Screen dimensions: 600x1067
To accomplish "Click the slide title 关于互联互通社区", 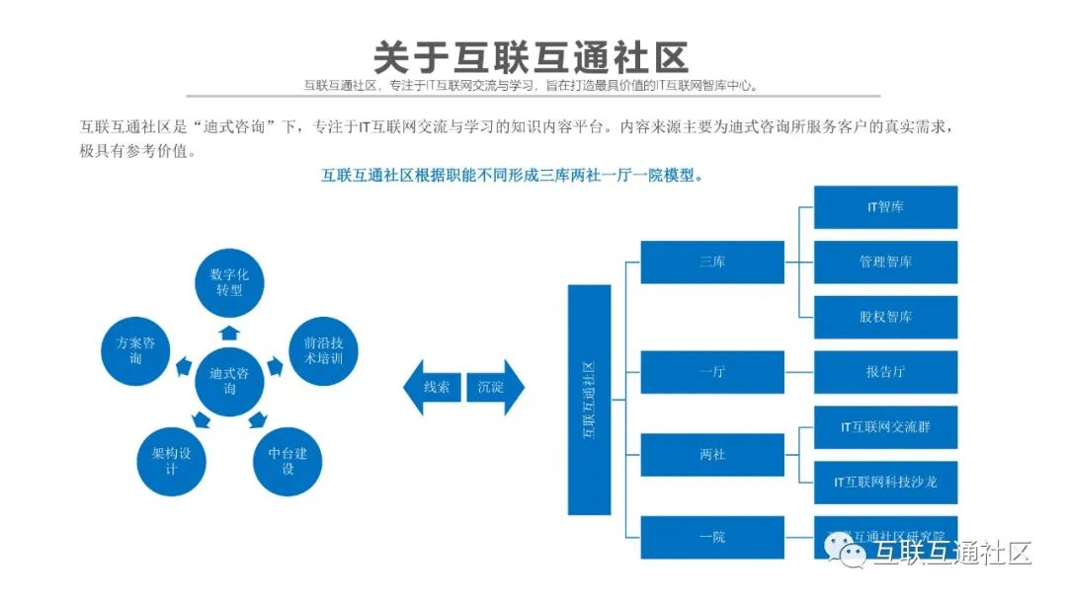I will (531, 55).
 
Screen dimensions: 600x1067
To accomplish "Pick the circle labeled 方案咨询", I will (136, 351).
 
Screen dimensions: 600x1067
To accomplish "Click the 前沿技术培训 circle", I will (322, 351).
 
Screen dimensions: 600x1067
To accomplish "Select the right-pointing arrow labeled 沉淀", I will (493, 387).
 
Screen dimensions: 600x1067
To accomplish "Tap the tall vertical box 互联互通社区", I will (589, 400).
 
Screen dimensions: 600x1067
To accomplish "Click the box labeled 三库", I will (712, 262).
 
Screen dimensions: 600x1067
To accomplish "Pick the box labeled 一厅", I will (712, 372).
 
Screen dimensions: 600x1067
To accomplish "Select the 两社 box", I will (712, 455).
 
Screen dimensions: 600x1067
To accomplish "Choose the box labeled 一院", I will (712, 537).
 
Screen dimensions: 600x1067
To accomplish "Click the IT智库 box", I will (885, 207).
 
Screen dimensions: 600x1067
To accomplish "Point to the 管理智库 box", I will (885, 262).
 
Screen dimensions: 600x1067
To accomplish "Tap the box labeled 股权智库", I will (885, 317).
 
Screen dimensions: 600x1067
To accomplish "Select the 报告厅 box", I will (885, 372).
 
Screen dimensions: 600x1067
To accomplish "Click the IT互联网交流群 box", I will (885, 427).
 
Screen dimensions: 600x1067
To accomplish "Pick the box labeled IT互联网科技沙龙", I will (885, 483).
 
